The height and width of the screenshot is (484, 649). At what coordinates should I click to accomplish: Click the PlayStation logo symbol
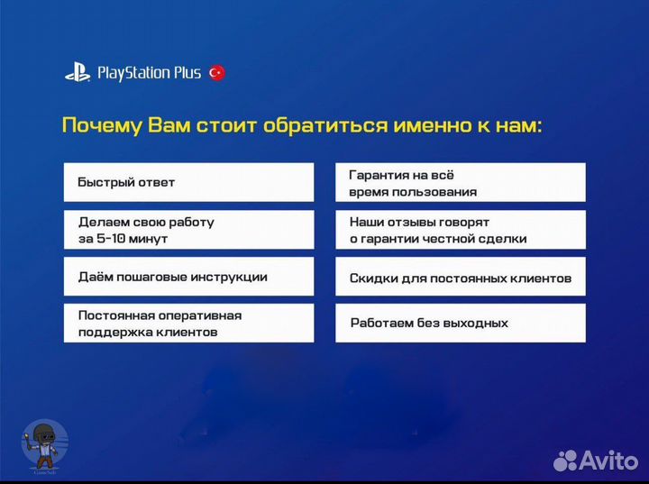77,73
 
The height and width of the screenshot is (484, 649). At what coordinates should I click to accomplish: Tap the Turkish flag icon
216,73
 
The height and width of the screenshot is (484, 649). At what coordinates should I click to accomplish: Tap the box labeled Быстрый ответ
188,182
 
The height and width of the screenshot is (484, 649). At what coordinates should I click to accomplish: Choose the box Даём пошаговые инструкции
188,277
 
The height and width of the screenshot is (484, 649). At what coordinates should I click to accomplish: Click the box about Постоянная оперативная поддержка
188,324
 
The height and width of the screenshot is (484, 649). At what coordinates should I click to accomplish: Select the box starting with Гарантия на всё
460,182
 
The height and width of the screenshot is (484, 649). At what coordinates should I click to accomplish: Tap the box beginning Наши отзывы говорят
460,230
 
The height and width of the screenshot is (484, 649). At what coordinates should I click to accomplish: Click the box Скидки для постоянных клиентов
460,278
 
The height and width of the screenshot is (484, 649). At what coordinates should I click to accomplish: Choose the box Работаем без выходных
460,323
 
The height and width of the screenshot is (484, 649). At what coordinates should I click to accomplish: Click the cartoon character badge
43,443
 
